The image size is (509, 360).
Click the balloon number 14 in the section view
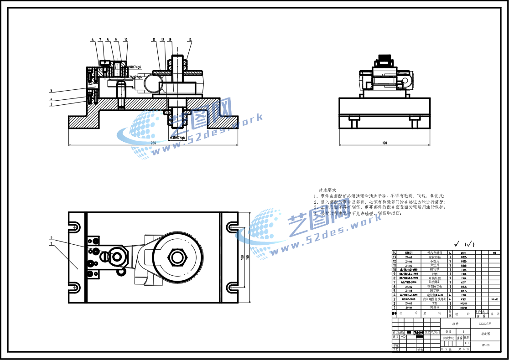[190, 40]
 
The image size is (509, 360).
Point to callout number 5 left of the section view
[52, 90]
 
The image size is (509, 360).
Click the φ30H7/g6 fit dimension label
[177, 137]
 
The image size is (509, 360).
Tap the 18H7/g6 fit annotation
[135, 67]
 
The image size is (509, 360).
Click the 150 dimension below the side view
[384, 143]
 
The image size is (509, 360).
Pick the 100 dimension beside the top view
[243, 257]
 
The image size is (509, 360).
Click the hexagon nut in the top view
[177, 257]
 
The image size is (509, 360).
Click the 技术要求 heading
[327, 190]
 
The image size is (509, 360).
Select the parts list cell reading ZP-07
[409, 257]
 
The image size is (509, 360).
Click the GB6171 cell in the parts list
[409, 252]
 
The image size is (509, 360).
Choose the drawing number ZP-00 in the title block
[485, 345]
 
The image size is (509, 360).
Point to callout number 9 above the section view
[116, 40]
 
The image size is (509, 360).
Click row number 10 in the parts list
[395, 270]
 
